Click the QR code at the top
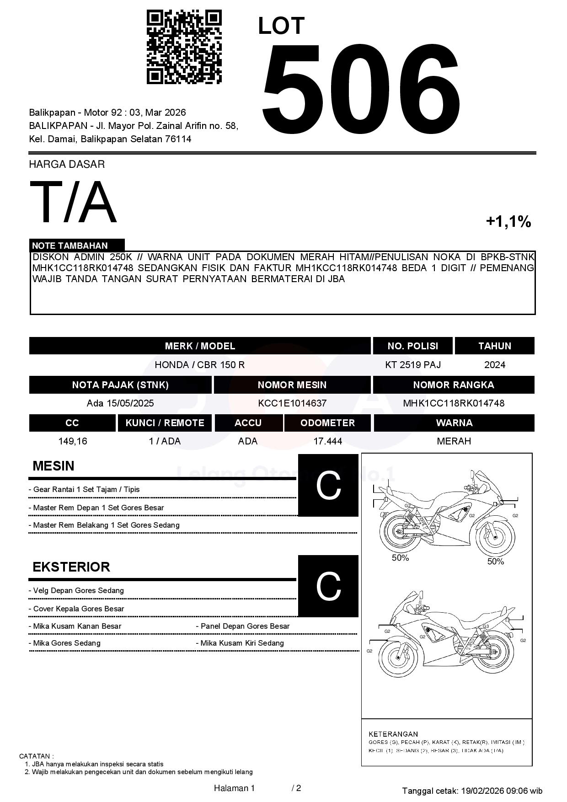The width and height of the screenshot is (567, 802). (184, 47)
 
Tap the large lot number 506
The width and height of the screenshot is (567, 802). (360, 88)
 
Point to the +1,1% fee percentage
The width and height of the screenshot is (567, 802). (508, 222)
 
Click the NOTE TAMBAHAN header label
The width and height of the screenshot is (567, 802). (70, 246)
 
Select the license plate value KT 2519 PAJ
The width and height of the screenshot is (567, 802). (413, 365)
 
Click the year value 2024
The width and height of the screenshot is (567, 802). (495, 365)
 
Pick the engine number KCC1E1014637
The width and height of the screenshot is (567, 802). (292, 403)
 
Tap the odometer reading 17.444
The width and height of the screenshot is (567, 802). (327, 441)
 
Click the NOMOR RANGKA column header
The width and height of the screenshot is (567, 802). (454, 385)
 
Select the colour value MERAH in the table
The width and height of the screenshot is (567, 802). (454, 441)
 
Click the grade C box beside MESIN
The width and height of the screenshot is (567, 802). (328, 485)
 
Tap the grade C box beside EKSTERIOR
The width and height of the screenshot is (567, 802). (328, 586)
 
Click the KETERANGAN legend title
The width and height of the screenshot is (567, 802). (393, 734)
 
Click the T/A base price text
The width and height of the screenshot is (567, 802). (73, 202)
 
